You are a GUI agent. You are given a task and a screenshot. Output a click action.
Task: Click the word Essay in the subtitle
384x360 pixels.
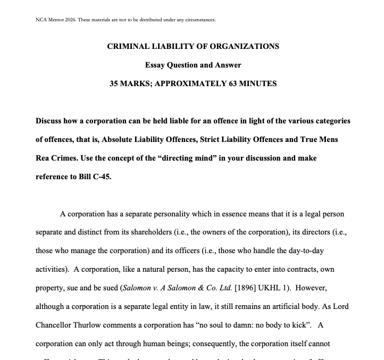tap(156, 65)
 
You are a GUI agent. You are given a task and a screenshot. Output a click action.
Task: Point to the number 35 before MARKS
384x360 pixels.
tap(114, 83)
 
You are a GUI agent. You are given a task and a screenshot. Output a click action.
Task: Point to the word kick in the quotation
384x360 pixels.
tap(295, 325)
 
